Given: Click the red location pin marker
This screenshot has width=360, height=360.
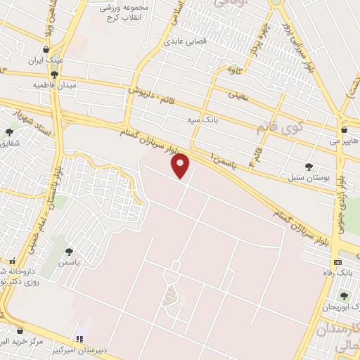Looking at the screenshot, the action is point(181,165).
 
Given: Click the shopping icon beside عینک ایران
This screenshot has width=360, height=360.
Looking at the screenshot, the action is point(46,50).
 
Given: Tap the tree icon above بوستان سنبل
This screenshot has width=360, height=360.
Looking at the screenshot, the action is point(309,167).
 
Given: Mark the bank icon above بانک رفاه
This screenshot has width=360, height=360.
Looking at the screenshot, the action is point(338,262).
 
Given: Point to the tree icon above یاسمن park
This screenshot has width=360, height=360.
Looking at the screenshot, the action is point(69,252).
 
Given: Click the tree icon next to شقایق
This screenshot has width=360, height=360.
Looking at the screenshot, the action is point(9,131).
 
